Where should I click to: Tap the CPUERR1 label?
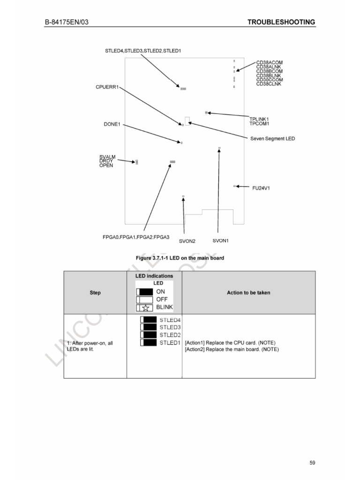coord(107,87)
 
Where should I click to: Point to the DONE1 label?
coord(112,124)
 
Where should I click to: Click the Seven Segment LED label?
coord(272,139)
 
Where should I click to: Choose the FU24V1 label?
coord(261,188)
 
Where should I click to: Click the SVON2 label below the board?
coord(187,241)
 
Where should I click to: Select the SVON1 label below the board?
coord(220,240)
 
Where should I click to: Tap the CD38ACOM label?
coord(270,62)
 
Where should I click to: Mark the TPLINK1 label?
coord(259,119)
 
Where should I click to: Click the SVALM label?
coord(107,157)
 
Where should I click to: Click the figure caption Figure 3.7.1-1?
coord(180,258)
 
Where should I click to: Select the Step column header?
coord(95,292)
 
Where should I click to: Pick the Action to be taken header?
coord(248,292)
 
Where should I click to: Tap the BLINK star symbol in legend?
coord(145,307)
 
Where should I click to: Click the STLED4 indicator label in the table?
coord(170,320)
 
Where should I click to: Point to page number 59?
coord(312,463)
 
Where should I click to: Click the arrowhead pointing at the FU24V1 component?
coord(238,187)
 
